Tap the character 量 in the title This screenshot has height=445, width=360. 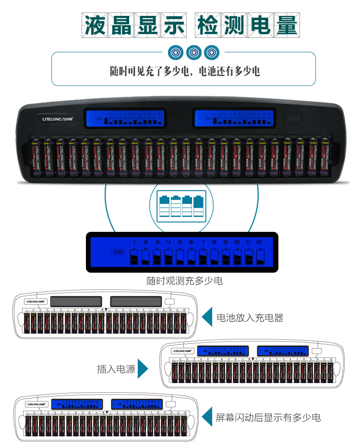[x=286, y=24]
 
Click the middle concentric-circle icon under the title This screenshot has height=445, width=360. [x=193, y=52]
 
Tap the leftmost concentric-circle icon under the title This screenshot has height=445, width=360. [x=176, y=52]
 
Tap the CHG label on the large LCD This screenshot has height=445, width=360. [x=117, y=252]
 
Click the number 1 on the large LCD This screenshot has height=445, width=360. [x=134, y=242]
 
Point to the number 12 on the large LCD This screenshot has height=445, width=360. [x=260, y=242]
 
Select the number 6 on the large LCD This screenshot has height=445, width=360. [x=192, y=242]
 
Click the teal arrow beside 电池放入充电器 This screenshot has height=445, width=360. [x=207, y=317]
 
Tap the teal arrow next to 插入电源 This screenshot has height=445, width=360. [x=143, y=369]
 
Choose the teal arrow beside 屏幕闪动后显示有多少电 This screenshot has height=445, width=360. [x=207, y=417]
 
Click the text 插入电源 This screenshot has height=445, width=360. [x=116, y=369]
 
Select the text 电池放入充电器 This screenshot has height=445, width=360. [x=250, y=318]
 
